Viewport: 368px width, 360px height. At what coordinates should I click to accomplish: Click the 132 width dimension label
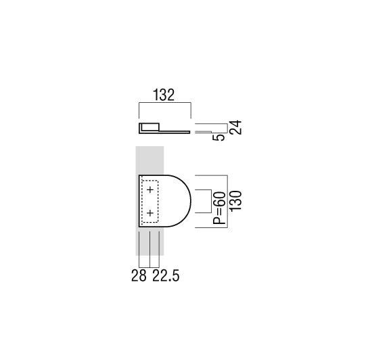click(164, 95)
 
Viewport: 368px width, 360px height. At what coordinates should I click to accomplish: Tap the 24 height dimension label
click(235, 127)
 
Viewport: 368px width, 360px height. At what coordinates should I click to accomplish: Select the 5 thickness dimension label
click(218, 137)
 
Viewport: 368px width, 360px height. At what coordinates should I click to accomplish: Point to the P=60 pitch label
click(219, 208)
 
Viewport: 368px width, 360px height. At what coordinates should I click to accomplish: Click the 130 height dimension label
click(235, 201)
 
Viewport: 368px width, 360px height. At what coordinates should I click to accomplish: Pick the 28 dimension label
click(139, 275)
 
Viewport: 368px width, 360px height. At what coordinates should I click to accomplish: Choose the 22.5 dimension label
click(166, 275)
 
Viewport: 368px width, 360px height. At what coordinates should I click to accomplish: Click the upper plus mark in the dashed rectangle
click(150, 189)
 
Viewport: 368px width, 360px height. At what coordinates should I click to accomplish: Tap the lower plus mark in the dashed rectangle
click(150, 213)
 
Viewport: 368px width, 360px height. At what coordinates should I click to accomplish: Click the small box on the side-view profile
click(150, 127)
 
